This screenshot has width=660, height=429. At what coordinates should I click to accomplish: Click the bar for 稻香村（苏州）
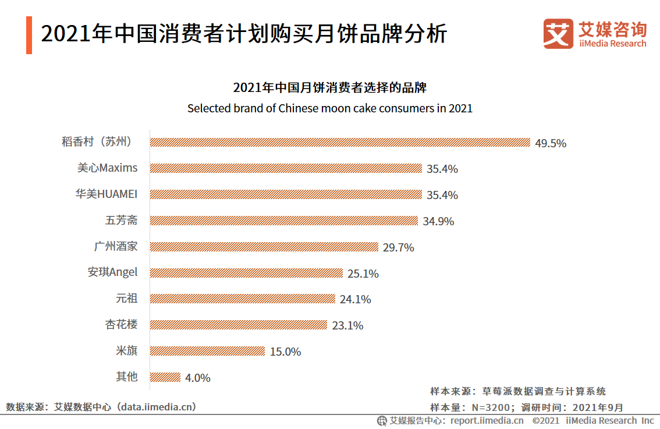(340, 142)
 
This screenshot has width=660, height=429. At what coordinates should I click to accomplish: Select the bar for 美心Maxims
(286, 168)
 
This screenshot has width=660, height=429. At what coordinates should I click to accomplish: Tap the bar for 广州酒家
(264, 247)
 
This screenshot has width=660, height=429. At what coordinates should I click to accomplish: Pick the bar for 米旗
(207, 351)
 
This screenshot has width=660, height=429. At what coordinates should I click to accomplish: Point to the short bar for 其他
(165, 377)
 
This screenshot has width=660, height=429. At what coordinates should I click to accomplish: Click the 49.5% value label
(551, 143)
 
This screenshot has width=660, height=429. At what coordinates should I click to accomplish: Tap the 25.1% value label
(363, 274)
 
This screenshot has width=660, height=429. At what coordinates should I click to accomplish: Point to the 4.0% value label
(198, 378)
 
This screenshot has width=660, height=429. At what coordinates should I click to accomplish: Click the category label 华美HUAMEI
(107, 194)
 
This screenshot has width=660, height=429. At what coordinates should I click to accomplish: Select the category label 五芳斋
(122, 221)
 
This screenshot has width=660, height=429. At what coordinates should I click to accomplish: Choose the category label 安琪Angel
(112, 272)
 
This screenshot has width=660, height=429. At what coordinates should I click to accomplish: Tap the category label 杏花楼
(122, 325)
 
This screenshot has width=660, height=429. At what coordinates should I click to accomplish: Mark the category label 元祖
(127, 299)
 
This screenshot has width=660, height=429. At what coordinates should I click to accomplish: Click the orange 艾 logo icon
(558, 33)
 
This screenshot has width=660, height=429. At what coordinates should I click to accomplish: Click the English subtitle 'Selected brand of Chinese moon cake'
(329, 108)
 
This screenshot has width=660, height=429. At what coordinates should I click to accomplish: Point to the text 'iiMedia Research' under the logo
(612, 44)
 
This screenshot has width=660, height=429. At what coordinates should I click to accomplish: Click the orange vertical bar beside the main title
(29, 36)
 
